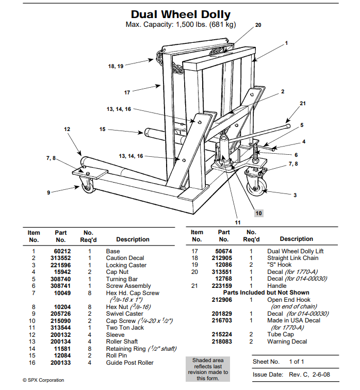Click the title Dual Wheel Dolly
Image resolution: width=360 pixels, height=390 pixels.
coord(180,14)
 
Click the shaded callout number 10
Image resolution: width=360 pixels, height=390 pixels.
coord(258,213)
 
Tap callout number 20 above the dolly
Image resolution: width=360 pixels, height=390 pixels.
coord(258,25)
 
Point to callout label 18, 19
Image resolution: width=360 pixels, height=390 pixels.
coord(116,67)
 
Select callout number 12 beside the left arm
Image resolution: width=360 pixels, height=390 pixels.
coord(67,129)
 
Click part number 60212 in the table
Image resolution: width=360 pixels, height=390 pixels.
coord(60,251)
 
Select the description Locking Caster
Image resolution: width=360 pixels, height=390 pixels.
coord(126,265)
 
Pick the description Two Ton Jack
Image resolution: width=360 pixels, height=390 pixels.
coord(125,328)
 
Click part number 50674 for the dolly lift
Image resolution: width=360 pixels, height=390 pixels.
coord(223,251)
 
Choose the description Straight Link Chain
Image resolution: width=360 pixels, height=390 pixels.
coord(292,258)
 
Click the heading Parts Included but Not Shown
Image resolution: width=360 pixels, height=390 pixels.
coord(266,293)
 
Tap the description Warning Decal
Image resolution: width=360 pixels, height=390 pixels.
coord(287,342)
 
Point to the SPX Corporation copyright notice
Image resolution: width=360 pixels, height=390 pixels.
coord(43,380)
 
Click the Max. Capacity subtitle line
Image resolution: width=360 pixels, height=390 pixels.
coord(180,25)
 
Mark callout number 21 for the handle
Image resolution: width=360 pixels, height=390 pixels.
coord(303,103)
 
